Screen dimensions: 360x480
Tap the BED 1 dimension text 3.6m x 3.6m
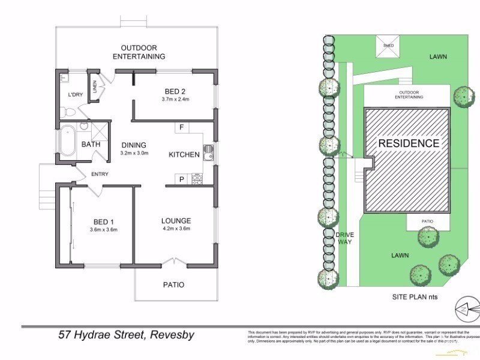(x=103, y=229)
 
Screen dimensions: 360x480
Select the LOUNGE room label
(x=176, y=220)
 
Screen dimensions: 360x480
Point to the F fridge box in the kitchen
(x=181, y=128)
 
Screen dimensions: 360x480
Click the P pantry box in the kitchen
(x=181, y=179)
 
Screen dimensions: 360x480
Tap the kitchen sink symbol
(x=208, y=154)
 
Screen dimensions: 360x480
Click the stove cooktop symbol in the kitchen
(x=196, y=178)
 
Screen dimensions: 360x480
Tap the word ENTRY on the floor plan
(x=100, y=175)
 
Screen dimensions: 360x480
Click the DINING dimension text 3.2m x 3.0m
(x=134, y=153)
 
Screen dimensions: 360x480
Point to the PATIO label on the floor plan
(x=173, y=284)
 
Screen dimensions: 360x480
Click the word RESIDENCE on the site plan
(x=408, y=143)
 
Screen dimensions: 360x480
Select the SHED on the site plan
(x=388, y=46)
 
